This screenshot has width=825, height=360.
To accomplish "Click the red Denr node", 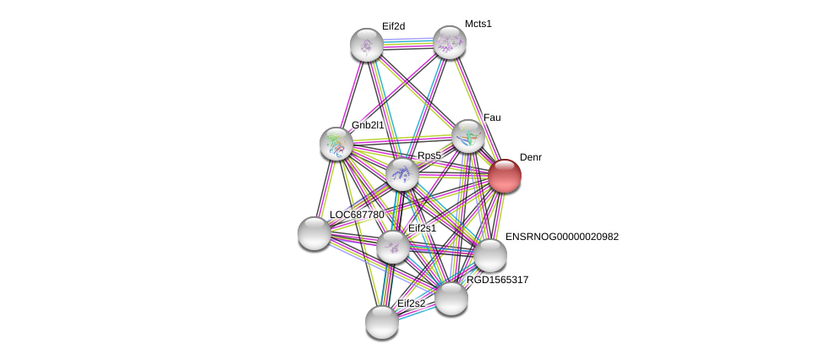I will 505,176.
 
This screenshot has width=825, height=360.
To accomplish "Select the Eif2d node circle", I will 367,45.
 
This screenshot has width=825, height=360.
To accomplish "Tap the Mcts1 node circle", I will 449,42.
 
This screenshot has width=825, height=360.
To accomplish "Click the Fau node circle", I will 467,136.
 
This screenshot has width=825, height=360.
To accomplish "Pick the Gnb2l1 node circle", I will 336,144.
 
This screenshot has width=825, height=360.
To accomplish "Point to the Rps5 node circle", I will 402,174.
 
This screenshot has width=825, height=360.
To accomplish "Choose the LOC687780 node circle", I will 314,233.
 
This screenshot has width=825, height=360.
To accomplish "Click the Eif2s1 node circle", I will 393,247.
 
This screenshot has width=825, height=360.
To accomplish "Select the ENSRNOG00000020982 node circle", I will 489,255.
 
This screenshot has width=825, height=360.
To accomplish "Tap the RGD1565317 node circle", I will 451,298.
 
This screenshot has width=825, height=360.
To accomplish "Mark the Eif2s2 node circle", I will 382,322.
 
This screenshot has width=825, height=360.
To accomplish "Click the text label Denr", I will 531,157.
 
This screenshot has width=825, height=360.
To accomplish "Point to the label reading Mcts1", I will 478,24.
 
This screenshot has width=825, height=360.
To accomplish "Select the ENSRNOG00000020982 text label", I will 561,237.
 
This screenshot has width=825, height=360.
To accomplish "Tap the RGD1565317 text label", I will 497,280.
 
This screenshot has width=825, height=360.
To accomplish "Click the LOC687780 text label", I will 357,215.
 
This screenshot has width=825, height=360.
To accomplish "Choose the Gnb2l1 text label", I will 368,125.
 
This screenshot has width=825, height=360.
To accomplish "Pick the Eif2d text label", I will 393,26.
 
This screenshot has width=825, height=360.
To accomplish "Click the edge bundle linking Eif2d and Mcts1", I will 407,43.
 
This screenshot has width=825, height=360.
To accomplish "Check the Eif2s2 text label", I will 412,303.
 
